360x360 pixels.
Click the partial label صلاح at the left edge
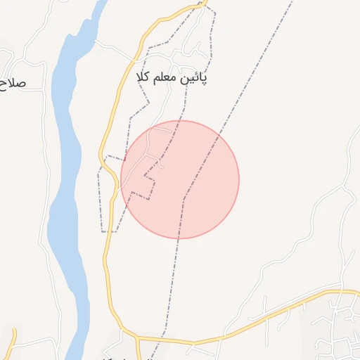(x=13, y=82)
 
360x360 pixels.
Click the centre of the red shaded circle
(x=180, y=179)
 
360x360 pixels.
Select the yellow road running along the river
(x=107, y=211)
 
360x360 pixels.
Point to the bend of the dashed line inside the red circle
(x=184, y=198)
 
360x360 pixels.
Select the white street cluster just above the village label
(x=186, y=56)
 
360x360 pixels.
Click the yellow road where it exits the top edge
(x=201, y=4)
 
